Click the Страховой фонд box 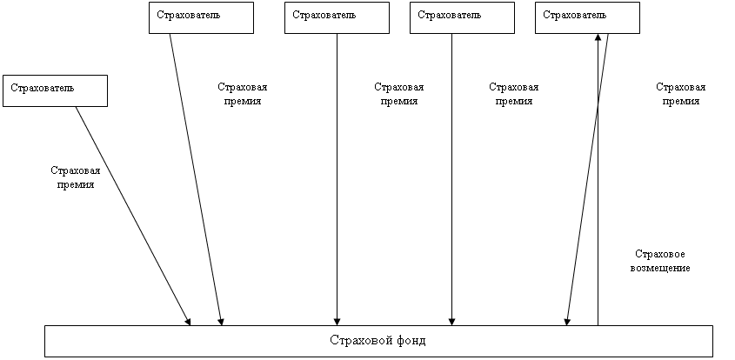pos(378,340)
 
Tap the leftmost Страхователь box pos(55,90)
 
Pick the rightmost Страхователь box pos(586,17)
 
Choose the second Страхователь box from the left pos(201,17)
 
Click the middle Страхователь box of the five pos(337,17)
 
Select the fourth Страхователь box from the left pos(461,17)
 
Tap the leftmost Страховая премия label pos(76,179)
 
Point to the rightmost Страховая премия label pos(680,95)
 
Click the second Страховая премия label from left pos(242,95)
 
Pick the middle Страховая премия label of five pos(398,95)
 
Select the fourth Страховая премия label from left pos(513,95)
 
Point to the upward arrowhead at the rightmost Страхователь pos(598,38)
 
